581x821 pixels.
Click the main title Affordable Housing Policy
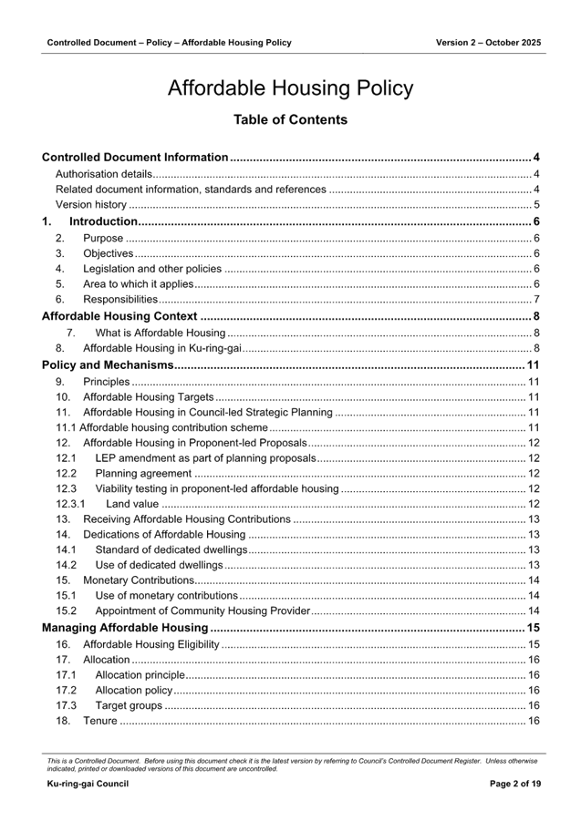(290, 88)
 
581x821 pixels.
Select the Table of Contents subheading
(290, 119)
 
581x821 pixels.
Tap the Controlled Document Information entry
(135, 158)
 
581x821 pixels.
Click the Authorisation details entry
(103, 174)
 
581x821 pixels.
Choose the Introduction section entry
(102, 221)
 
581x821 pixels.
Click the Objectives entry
(109, 253)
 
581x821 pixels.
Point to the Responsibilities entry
(120, 299)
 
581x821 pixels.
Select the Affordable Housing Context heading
(119, 316)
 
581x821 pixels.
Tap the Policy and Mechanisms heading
(108, 365)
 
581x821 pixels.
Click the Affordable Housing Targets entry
(148, 397)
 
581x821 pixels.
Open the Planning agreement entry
(143, 474)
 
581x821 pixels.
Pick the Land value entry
(132, 504)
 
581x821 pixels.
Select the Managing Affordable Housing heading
(125, 628)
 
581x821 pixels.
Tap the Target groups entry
(129, 705)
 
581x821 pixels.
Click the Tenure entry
(99, 721)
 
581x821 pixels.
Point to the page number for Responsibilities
(537, 299)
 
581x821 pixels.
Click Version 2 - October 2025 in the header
(488, 43)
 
